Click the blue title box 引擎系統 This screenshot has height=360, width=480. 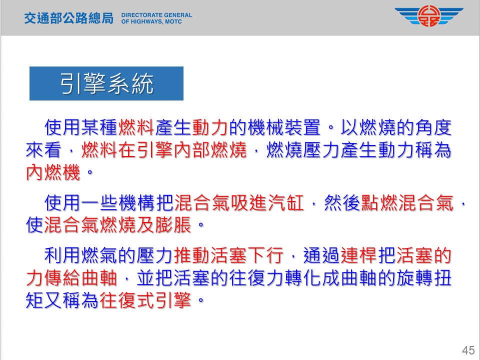coord(106,83)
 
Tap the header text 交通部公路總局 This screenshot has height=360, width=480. coord(68,18)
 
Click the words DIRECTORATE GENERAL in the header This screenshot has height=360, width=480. coord(156,15)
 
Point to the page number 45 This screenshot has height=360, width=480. coord(468,350)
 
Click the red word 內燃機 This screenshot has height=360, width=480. coord(53,172)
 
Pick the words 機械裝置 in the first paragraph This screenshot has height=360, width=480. coord(284,127)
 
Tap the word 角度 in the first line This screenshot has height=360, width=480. coord(433,127)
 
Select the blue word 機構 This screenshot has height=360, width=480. coord(137,203)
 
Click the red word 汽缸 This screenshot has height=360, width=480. coord(286,203)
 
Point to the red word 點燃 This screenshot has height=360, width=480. coord(379,203)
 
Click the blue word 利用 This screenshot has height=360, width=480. coord(62,255)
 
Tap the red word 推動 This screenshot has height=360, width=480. coord(192,255)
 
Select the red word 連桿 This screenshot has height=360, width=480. coord(359,255)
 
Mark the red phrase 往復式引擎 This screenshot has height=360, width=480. coord(145,300)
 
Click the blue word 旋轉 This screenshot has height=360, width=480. coord(415,277)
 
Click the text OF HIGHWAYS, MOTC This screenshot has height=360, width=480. coord(151,21)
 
